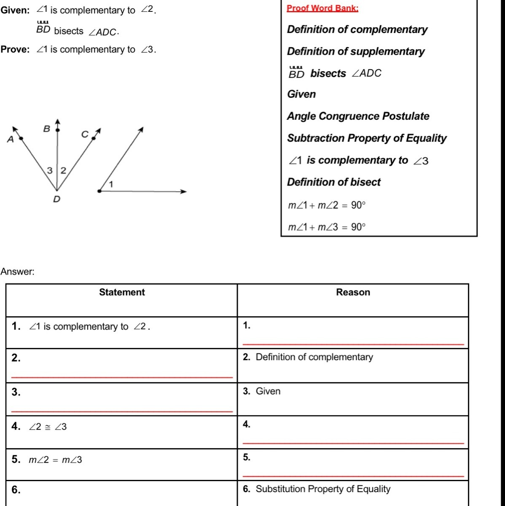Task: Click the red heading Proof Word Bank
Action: pyautogui.click(x=322, y=8)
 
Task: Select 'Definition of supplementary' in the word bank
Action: pyautogui.click(x=356, y=51)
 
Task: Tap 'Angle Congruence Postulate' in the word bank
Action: pyautogui.click(x=358, y=116)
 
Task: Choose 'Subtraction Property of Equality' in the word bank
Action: pyautogui.click(x=367, y=138)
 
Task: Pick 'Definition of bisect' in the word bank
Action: pyautogui.click(x=333, y=182)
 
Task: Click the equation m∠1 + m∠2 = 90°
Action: pyautogui.click(x=327, y=205)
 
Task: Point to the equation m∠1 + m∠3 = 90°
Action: pyautogui.click(x=327, y=227)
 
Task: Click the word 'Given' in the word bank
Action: pyautogui.click(x=301, y=94)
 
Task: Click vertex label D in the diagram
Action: pyautogui.click(x=56, y=199)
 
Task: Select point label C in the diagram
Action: pyautogui.click(x=85, y=134)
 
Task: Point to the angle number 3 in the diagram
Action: pyautogui.click(x=50, y=171)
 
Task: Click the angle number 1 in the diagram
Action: pyautogui.click(x=111, y=184)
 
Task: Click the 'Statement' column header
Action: pyautogui.click(x=122, y=292)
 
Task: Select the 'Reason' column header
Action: pyautogui.click(x=353, y=292)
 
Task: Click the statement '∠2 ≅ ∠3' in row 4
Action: pyautogui.click(x=48, y=427)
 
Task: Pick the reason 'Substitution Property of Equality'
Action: pyautogui.click(x=323, y=489)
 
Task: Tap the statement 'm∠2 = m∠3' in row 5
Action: pyautogui.click(x=55, y=460)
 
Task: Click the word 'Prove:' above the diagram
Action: pyautogui.click(x=15, y=49)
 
